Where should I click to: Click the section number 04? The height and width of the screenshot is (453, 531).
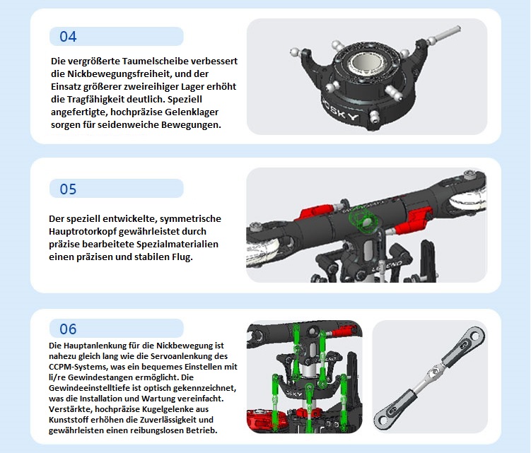[68, 37]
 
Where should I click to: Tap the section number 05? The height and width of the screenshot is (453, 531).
[68, 189]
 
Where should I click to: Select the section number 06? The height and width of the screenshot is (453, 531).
[68, 329]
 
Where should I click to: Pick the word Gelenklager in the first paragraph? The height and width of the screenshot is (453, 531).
[192, 112]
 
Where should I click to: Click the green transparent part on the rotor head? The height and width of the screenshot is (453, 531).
[362, 220]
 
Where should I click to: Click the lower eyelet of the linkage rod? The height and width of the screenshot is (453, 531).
[383, 419]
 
